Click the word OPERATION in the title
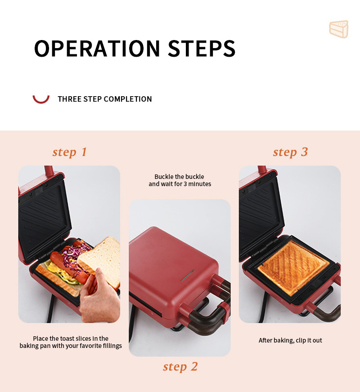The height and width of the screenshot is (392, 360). [97, 48]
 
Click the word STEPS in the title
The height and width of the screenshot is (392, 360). [202, 48]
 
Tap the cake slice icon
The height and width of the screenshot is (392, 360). [339, 29]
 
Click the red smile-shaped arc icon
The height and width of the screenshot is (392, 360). [41, 99]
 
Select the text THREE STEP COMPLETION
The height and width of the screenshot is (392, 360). [105, 99]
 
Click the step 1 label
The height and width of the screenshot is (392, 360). [70, 152]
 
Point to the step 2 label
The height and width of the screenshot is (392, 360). [180, 367]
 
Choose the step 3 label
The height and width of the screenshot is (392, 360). [290, 152]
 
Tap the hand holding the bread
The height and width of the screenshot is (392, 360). [99, 296]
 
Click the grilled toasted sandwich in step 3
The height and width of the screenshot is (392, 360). [293, 267]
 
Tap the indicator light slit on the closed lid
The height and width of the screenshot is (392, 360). [188, 276]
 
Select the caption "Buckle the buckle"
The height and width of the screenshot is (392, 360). [179, 177]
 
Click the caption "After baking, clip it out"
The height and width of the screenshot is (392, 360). [290, 340]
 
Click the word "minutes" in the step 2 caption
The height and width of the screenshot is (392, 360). [200, 184]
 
